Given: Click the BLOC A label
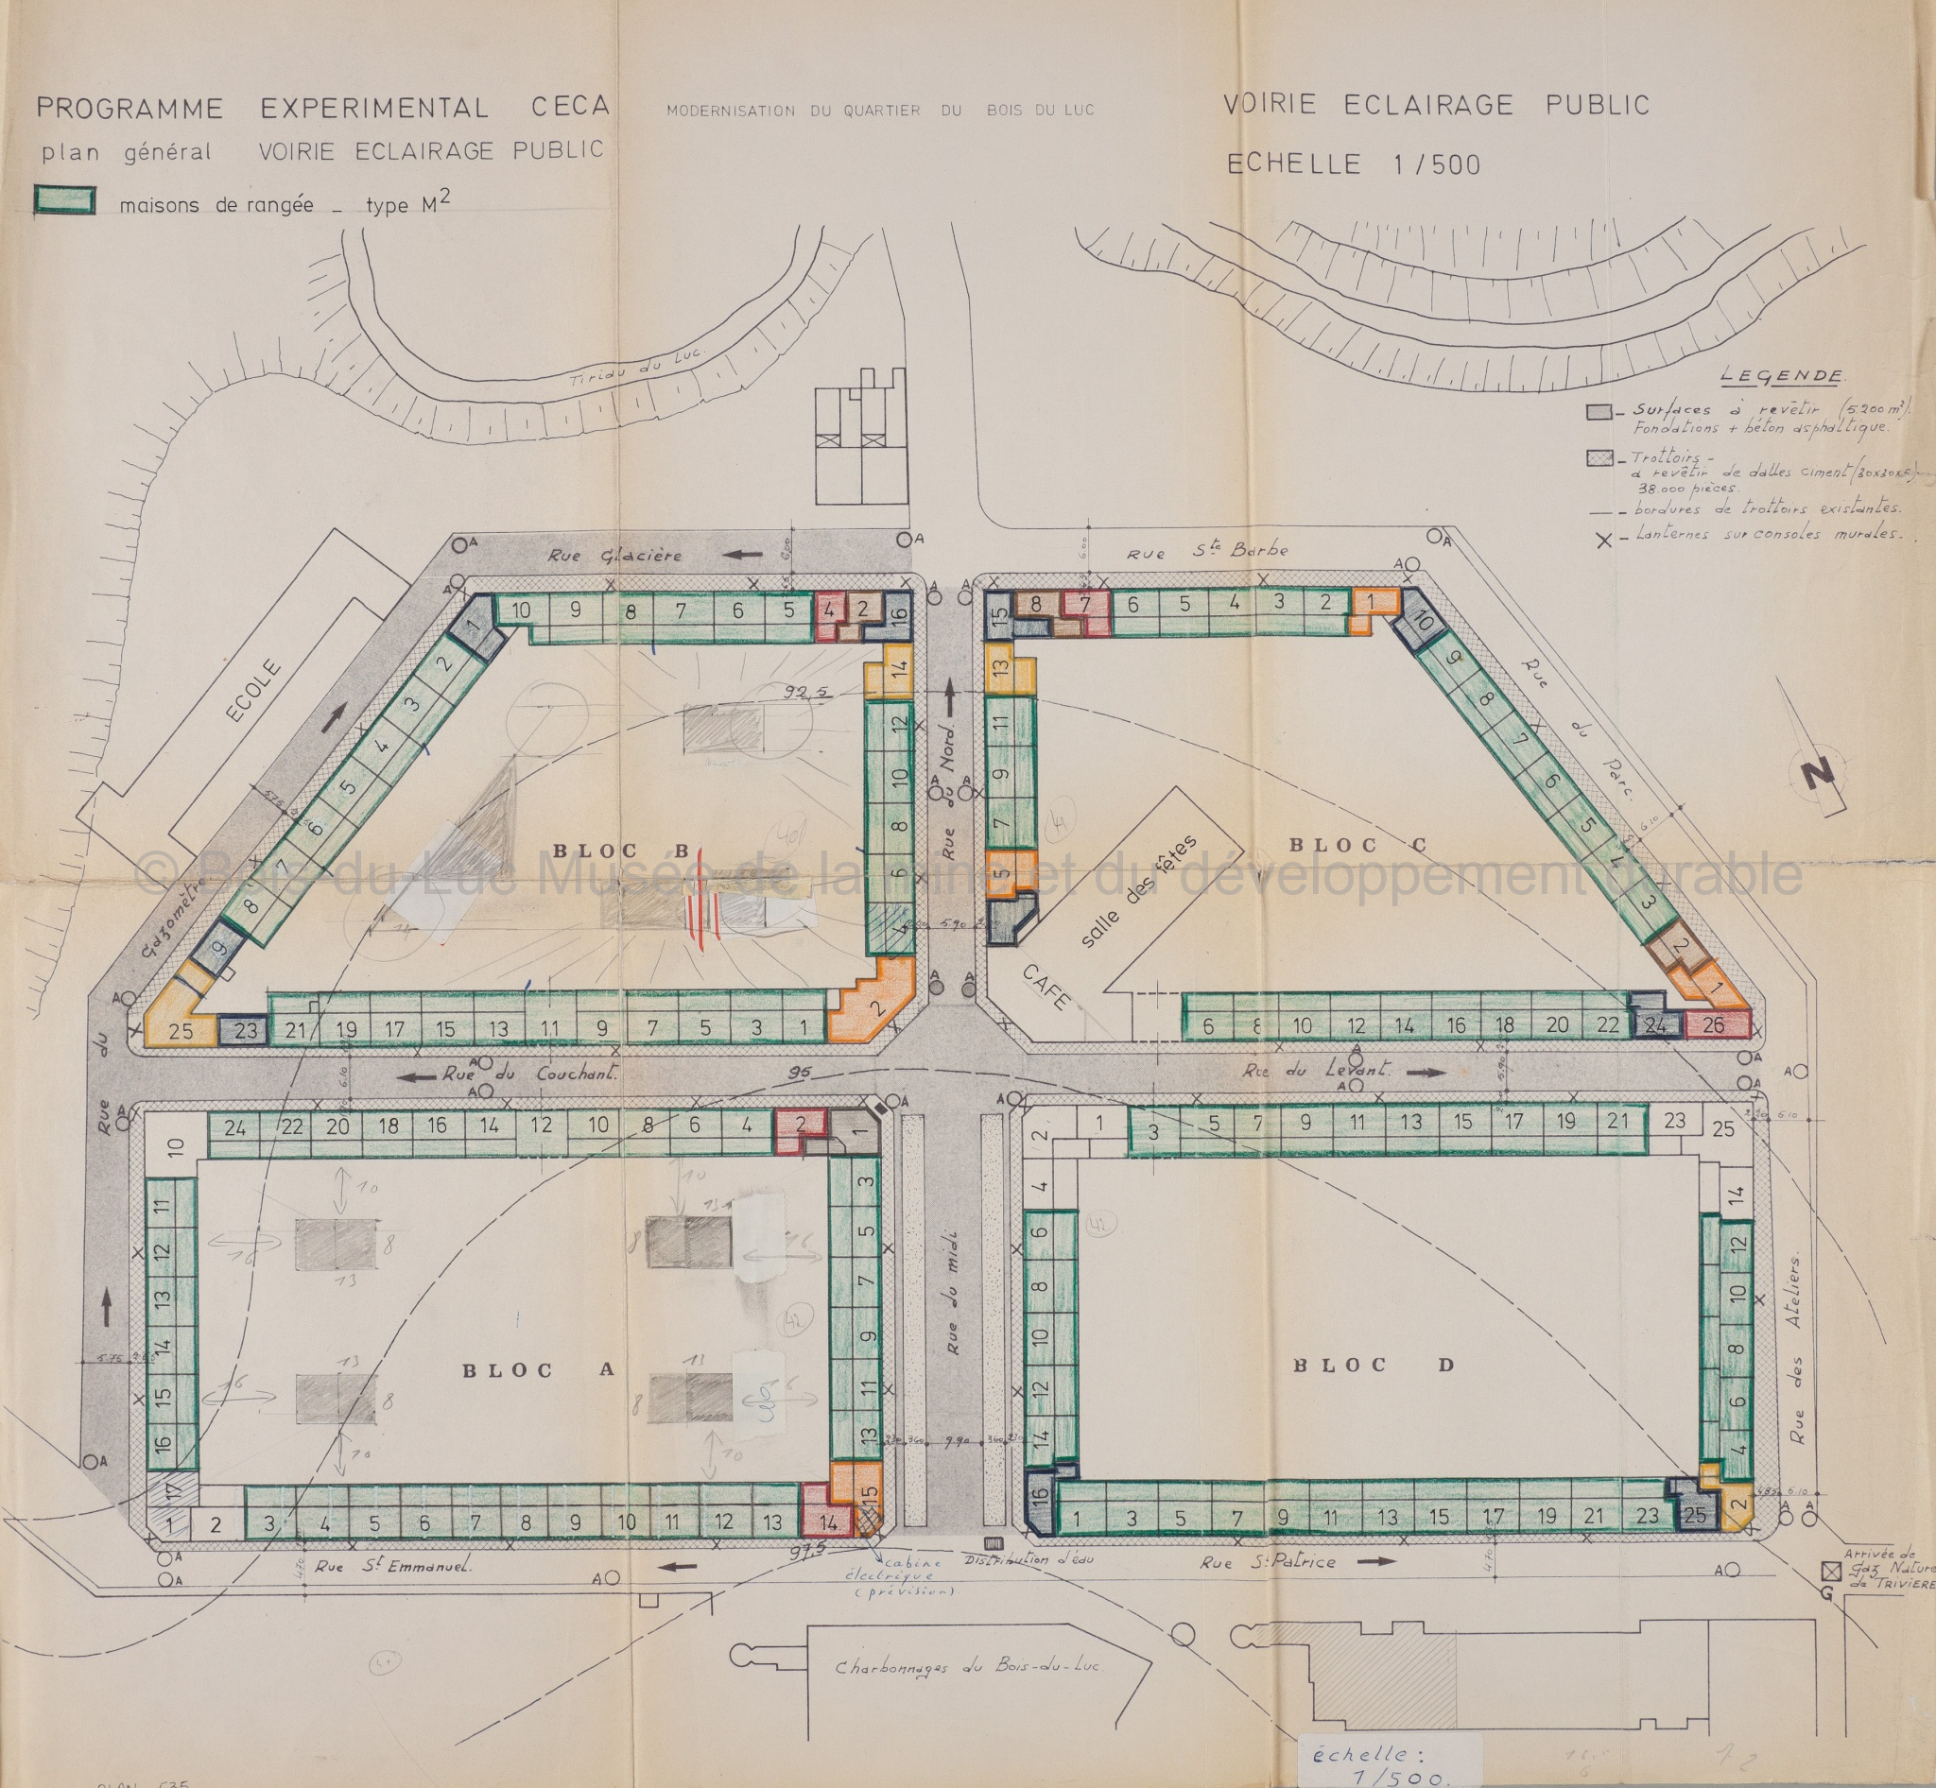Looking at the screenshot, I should tap(538, 1370).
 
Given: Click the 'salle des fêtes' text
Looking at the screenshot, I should tap(1136, 890).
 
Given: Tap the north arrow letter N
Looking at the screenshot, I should tap(1817, 776).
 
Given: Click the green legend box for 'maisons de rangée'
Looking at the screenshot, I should tap(65, 200).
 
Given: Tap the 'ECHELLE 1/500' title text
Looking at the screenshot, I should tap(1354, 164).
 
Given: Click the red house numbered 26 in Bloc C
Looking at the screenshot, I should tap(1712, 1024).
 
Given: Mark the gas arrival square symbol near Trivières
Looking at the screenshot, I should tap(1830, 1571).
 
